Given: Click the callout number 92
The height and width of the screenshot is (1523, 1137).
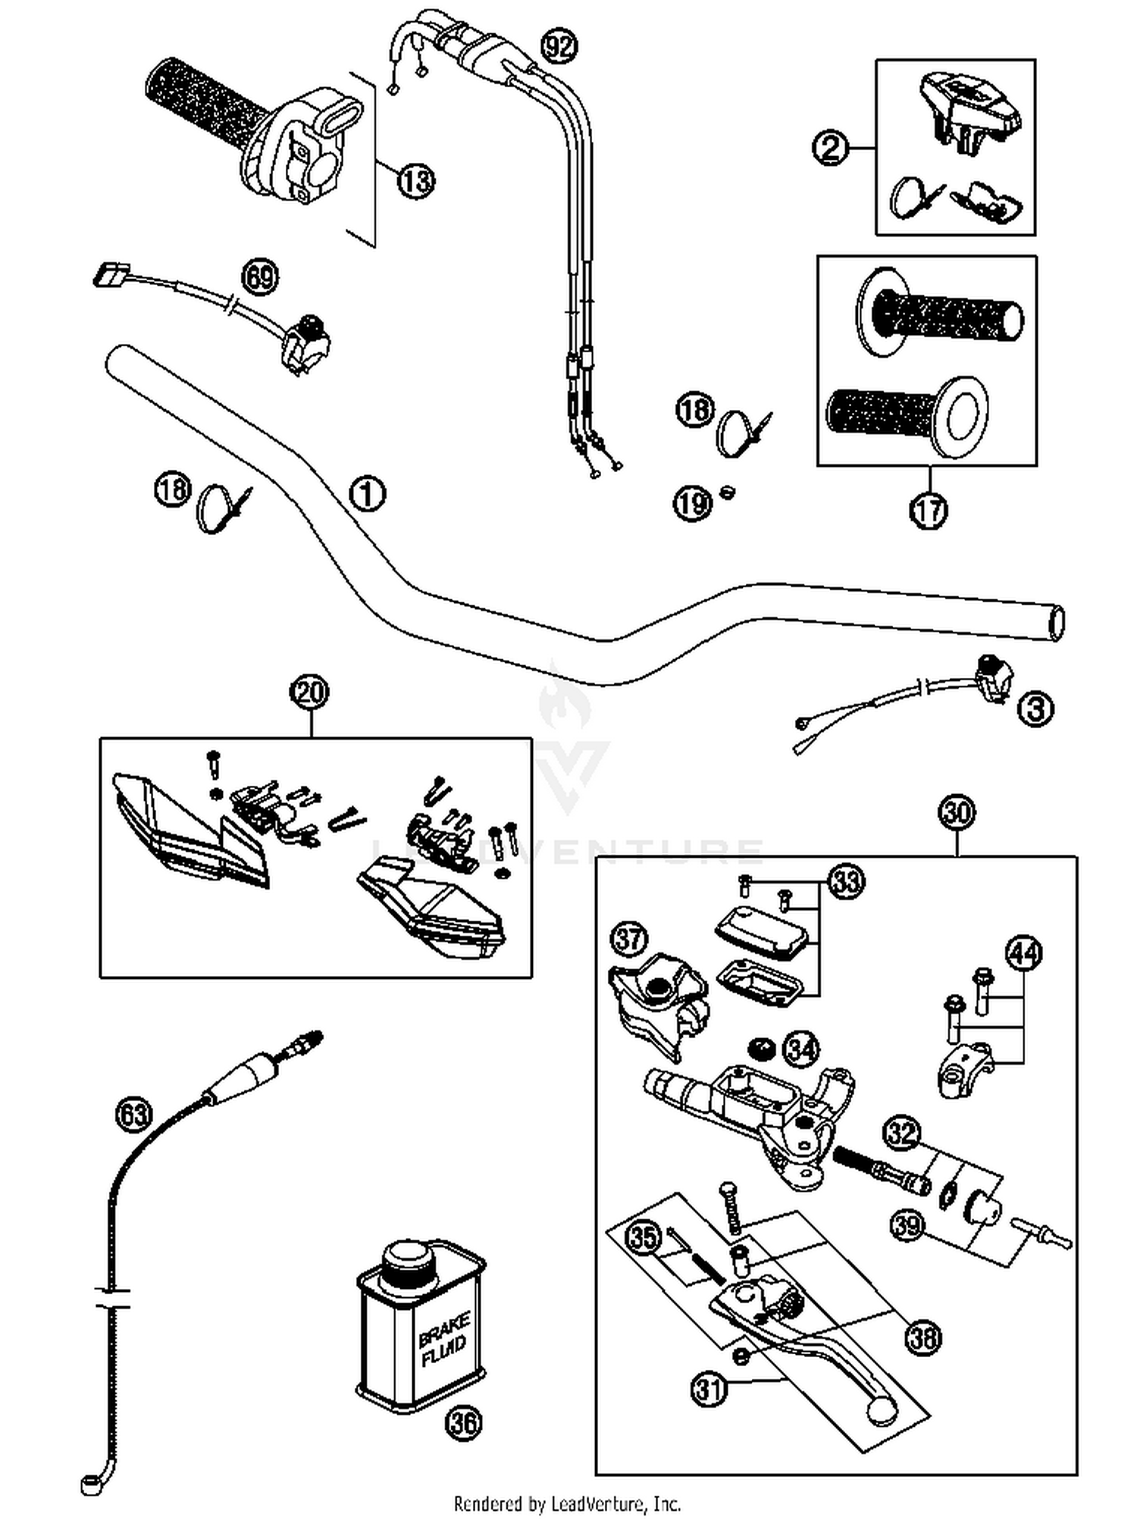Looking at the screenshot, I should tap(559, 48).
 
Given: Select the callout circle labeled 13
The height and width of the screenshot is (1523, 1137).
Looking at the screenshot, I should tap(415, 181).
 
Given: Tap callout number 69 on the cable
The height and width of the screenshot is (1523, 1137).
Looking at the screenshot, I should tap(260, 277).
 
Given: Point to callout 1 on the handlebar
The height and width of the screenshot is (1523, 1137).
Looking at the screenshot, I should tap(367, 494).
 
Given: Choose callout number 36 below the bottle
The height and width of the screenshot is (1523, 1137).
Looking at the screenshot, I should tap(464, 1422).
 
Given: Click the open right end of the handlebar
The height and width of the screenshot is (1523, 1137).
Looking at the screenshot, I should tap(1054, 623).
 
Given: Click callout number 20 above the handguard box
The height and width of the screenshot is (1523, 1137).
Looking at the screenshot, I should tap(310, 693).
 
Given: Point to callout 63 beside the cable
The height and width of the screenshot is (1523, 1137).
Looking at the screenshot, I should tap(133, 1114).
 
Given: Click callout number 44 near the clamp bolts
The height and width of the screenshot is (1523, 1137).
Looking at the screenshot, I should tap(1023, 954).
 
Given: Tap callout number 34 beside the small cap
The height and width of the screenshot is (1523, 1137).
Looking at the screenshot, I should tap(802, 1049).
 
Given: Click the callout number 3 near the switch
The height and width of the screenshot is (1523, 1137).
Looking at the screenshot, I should tap(1035, 709).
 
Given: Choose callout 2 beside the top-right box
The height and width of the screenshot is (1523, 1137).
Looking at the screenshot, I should tap(831, 148).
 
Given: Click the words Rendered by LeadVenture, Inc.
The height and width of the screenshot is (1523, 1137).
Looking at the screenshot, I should tap(567, 1503).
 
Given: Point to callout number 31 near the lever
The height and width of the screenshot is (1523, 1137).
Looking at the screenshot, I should tap(709, 1389).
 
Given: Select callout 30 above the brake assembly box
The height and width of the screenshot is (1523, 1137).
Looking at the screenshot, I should tap(957, 813).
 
